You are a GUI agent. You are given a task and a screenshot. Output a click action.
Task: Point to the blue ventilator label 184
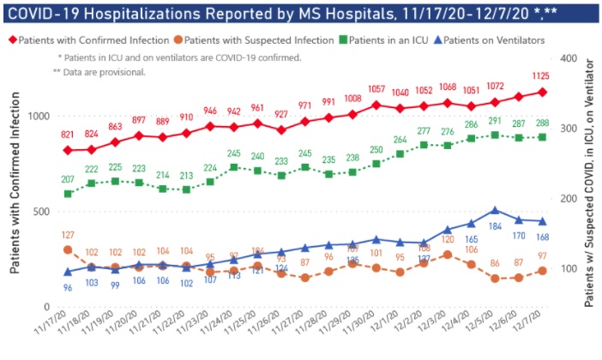495,226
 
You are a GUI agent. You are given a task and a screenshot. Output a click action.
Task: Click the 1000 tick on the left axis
39,117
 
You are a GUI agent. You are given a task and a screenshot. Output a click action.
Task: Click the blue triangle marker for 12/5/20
495,210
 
